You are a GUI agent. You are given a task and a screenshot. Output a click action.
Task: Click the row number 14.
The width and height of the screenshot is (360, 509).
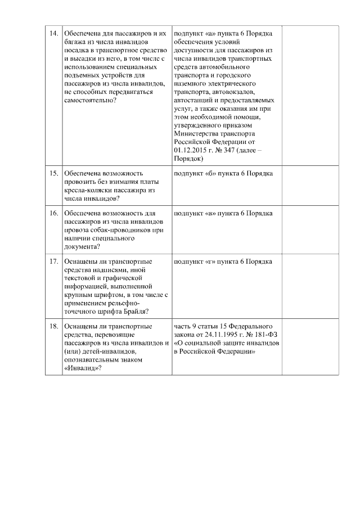point(54,33)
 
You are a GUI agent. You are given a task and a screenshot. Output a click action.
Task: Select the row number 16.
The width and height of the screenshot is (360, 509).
point(54,214)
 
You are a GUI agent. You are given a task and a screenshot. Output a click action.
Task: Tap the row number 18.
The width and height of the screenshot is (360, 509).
point(54,326)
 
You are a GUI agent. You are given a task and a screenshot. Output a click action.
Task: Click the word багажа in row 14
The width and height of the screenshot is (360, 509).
point(76,42)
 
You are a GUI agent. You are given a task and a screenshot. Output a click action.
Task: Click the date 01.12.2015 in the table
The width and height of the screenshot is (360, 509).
point(191,151)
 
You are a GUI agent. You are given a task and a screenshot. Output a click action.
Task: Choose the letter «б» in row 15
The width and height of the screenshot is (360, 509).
point(210,173)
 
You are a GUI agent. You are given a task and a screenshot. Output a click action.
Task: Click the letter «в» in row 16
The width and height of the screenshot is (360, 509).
point(210,214)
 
